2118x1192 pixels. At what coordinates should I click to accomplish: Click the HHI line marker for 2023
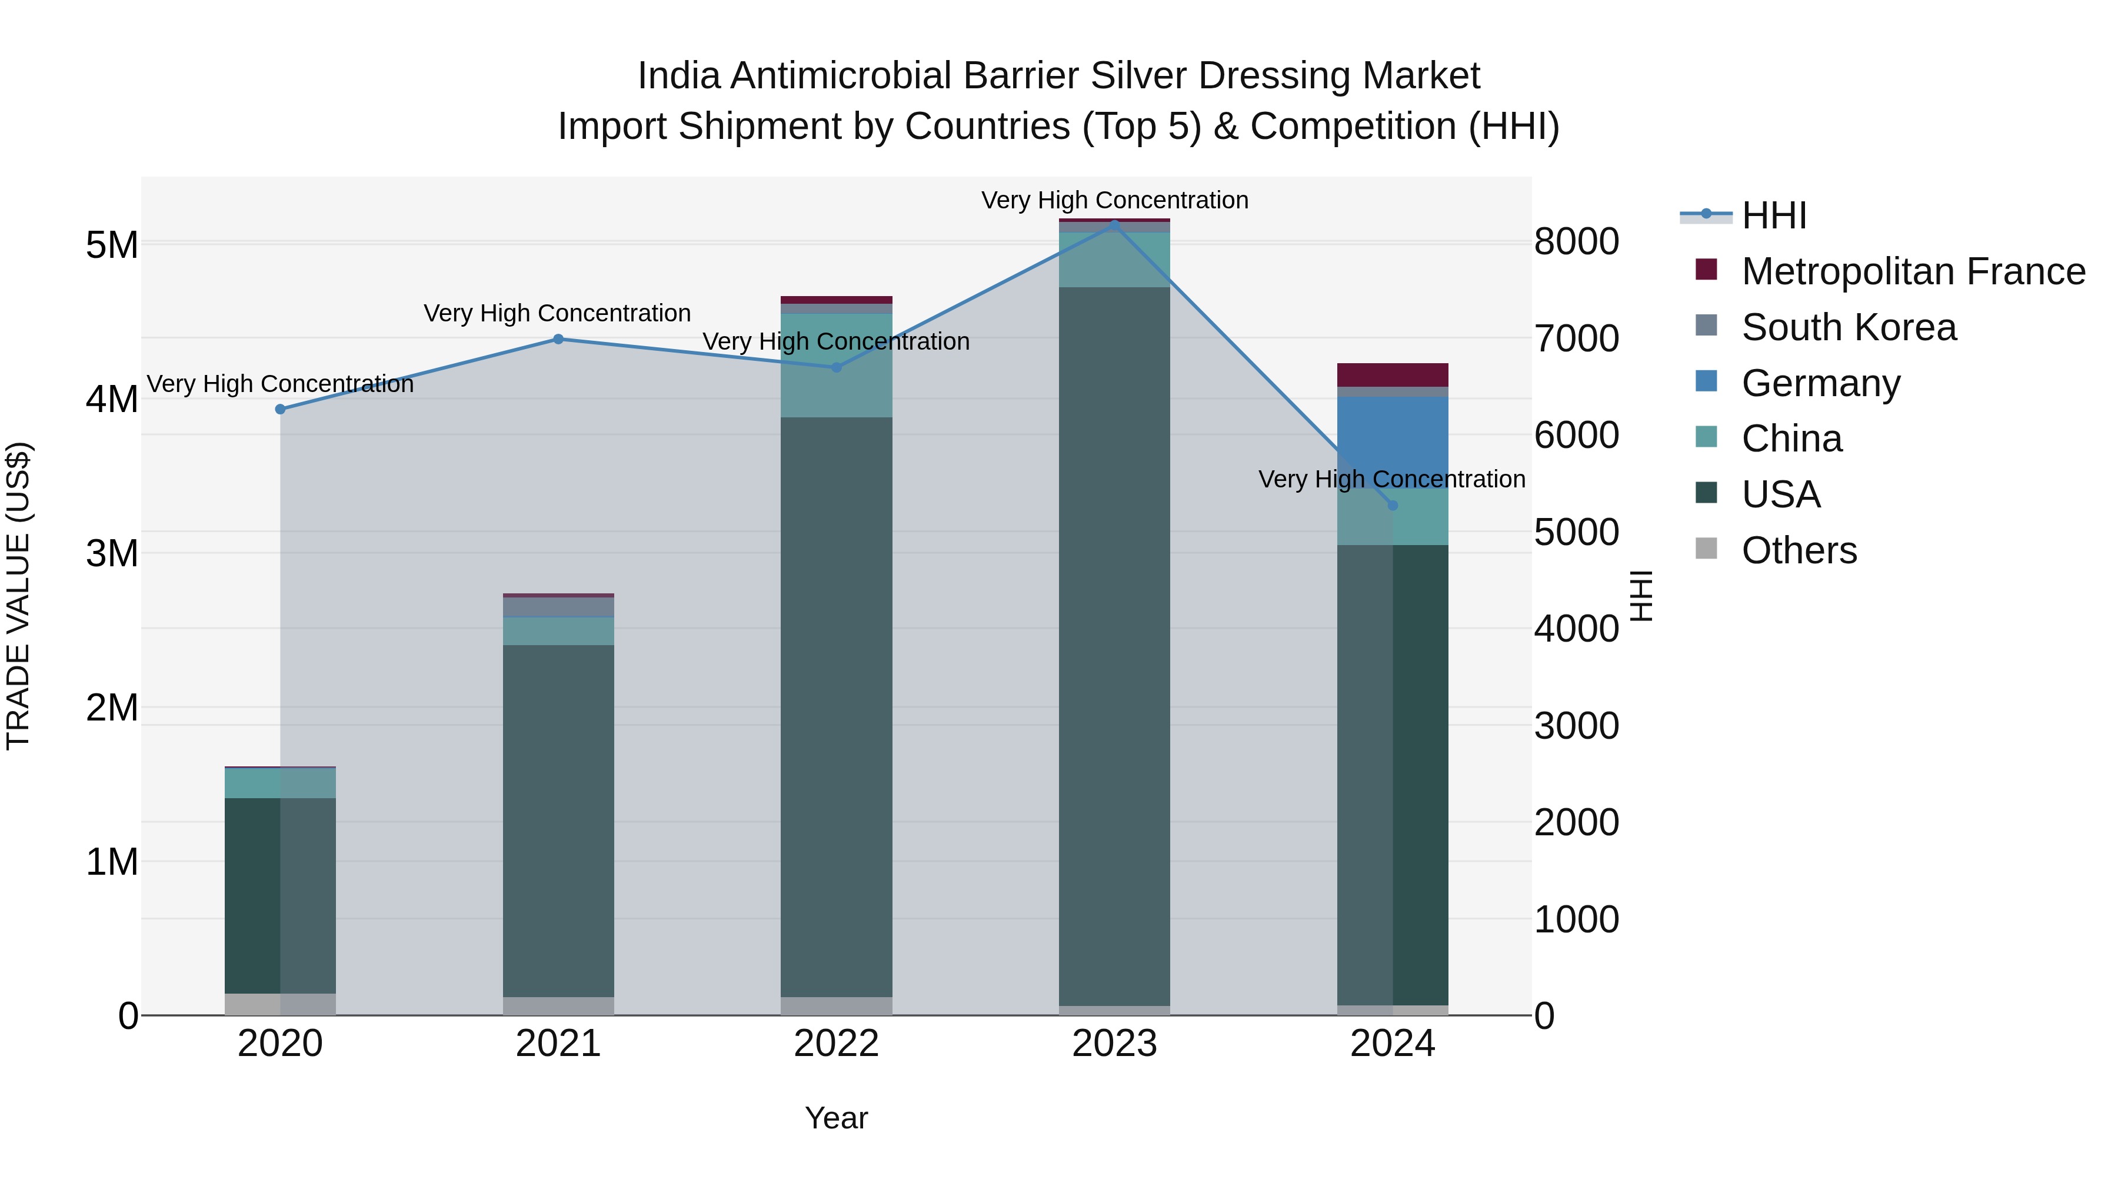pos(1114,224)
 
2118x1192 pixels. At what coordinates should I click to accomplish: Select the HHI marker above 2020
pos(281,409)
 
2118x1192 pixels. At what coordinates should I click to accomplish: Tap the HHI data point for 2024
pos(1392,505)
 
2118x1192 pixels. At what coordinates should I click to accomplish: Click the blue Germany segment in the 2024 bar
pos(1392,440)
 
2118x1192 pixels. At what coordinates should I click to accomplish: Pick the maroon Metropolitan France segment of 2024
pos(1392,374)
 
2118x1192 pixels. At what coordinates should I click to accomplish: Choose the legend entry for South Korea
pos(1849,327)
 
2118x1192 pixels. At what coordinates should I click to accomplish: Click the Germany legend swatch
pos(1706,381)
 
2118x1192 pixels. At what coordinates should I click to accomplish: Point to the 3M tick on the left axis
pos(112,554)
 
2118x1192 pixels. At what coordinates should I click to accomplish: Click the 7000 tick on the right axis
pos(1576,339)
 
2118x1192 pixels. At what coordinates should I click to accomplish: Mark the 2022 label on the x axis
pos(836,1044)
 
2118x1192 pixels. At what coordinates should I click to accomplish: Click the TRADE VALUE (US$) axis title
pos(18,596)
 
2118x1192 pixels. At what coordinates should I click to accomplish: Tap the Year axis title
pos(836,1118)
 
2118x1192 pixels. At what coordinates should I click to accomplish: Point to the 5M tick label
pos(112,244)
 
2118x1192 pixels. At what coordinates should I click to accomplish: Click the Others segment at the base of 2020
pos(281,1004)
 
